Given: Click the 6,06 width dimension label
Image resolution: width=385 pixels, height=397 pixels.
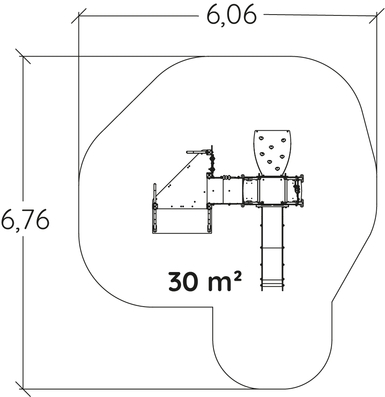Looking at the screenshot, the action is (x=232, y=15).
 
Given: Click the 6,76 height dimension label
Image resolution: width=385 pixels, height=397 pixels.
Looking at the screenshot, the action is (x=25, y=220).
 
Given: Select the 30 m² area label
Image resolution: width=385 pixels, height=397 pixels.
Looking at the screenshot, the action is (x=205, y=281).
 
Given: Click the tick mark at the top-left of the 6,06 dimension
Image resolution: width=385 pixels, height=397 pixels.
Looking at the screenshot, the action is (x=79, y=16).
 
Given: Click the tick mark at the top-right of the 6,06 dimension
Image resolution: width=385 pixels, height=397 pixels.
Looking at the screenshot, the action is (x=377, y=16).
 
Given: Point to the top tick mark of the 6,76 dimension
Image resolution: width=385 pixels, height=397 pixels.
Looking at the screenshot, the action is (x=23, y=56).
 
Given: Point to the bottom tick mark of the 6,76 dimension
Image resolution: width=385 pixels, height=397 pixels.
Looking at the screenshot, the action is (x=23, y=389).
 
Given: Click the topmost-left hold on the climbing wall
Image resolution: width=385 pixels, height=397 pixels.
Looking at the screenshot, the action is (x=261, y=138).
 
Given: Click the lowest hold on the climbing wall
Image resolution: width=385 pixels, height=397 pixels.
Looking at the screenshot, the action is (x=277, y=168).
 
